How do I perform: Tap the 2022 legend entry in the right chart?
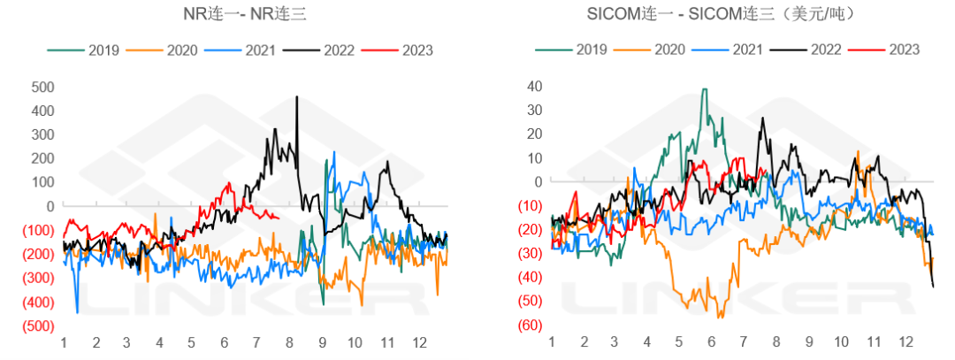click(821, 49)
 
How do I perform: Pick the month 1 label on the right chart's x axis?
click(551, 341)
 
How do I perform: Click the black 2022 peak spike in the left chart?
click(297, 97)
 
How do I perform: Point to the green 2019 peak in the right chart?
click(704, 89)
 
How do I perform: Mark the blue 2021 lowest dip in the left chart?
click(77, 311)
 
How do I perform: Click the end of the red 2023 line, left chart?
click(279, 218)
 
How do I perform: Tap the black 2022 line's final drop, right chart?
click(934, 285)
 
